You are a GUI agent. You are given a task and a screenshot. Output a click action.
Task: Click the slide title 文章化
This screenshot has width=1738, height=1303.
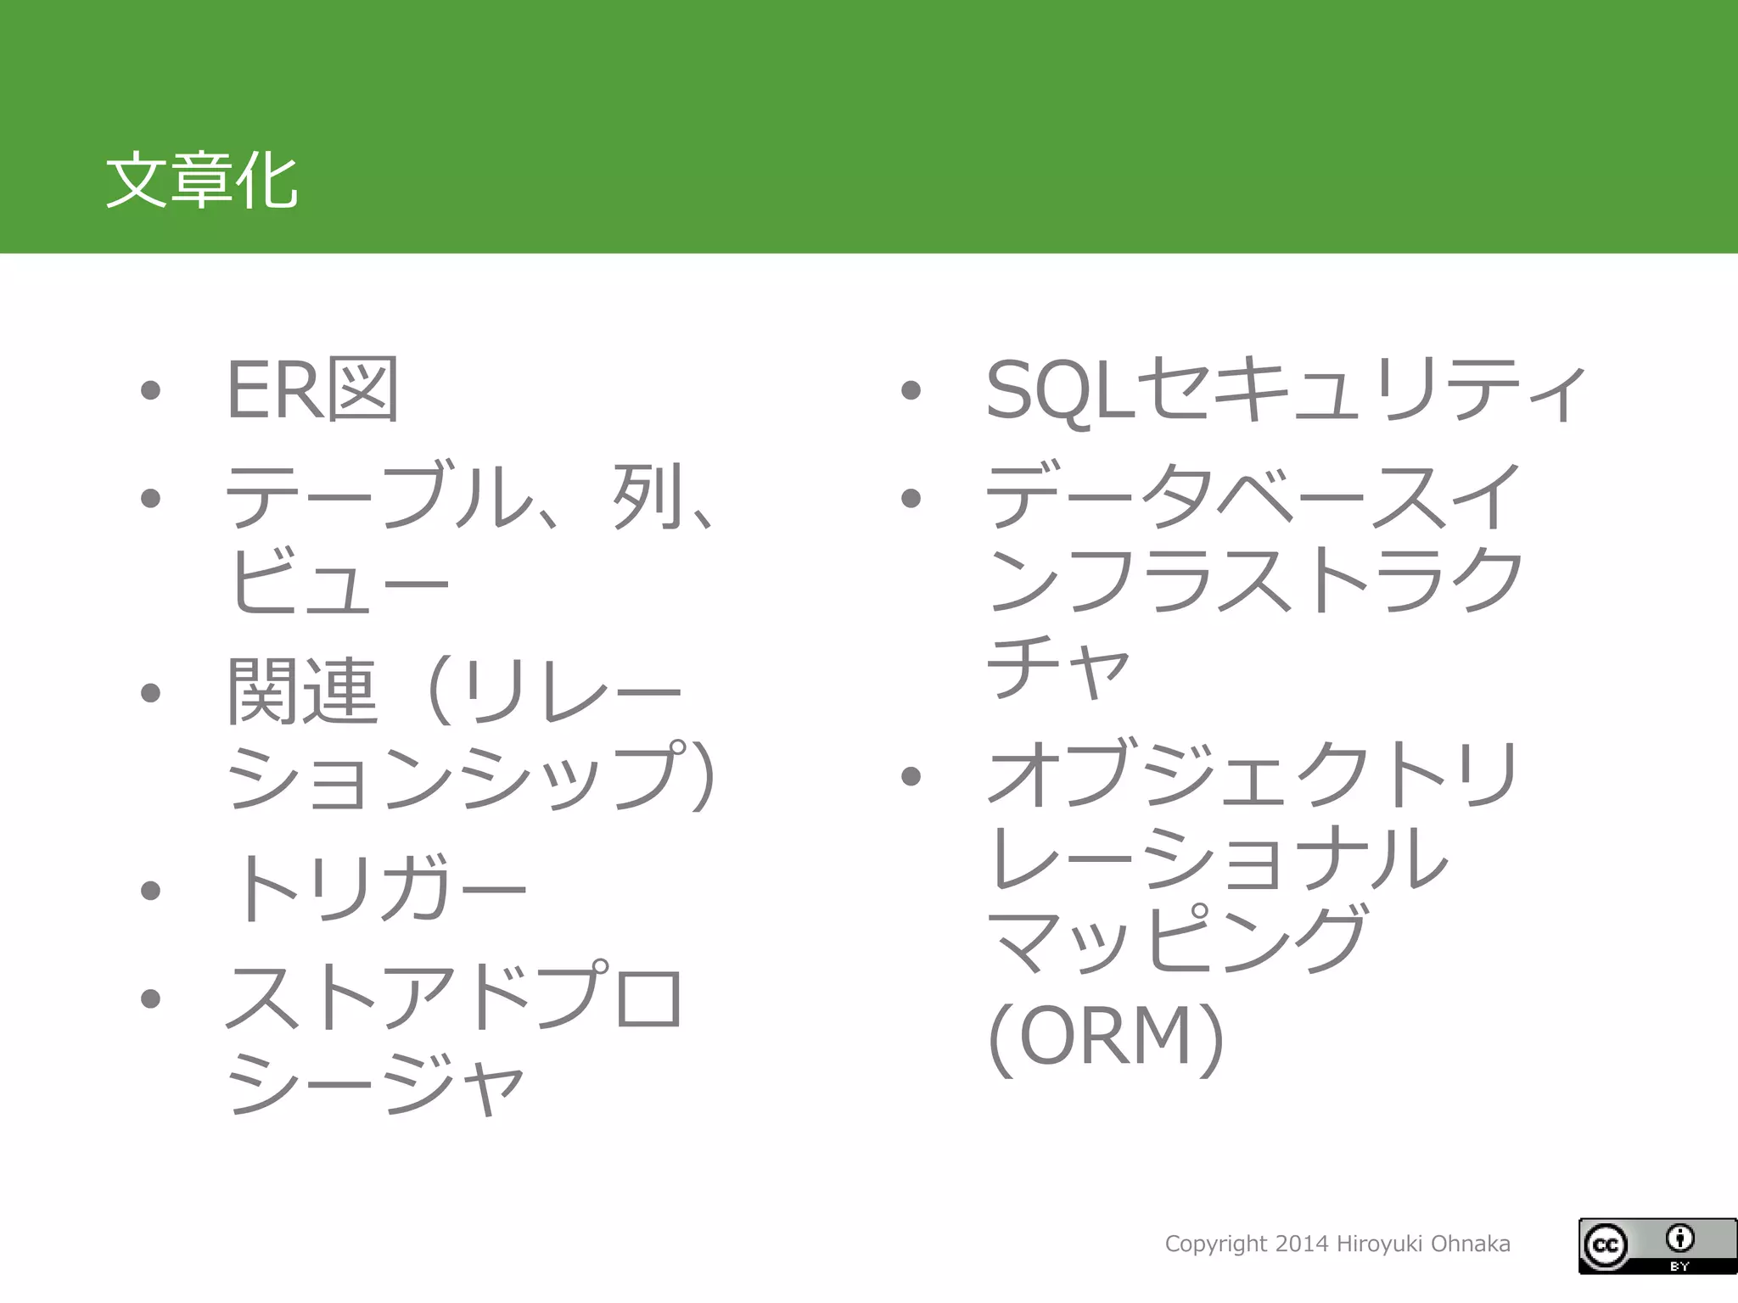point(201,181)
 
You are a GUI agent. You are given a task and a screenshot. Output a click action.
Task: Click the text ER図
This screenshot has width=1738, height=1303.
point(312,389)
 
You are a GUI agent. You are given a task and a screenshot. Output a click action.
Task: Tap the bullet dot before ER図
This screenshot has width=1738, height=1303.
point(151,390)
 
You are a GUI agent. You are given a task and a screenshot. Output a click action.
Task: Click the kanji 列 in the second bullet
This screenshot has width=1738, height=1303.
point(649,496)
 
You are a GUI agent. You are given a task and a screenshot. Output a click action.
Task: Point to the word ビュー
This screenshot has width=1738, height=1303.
point(338,582)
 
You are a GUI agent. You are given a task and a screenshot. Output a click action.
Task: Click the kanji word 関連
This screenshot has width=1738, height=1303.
point(302,691)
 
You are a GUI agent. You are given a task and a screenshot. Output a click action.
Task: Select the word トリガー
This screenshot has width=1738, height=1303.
point(378,888)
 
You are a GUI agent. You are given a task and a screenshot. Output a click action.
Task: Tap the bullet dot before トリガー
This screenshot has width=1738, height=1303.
point(151,890)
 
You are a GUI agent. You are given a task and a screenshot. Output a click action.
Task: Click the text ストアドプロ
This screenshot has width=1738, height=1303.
point(454,997)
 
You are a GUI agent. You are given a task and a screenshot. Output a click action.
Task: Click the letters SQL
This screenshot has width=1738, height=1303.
point(1059,390)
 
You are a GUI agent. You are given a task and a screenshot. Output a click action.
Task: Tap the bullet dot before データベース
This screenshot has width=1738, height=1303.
point(911,498)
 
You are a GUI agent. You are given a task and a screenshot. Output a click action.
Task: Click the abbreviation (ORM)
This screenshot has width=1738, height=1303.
point(1107,1036)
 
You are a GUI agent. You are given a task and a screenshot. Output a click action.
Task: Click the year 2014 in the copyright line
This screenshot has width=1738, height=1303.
point(1302,1244)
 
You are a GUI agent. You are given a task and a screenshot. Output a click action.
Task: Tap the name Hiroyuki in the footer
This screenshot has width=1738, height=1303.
point(1380,1244)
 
